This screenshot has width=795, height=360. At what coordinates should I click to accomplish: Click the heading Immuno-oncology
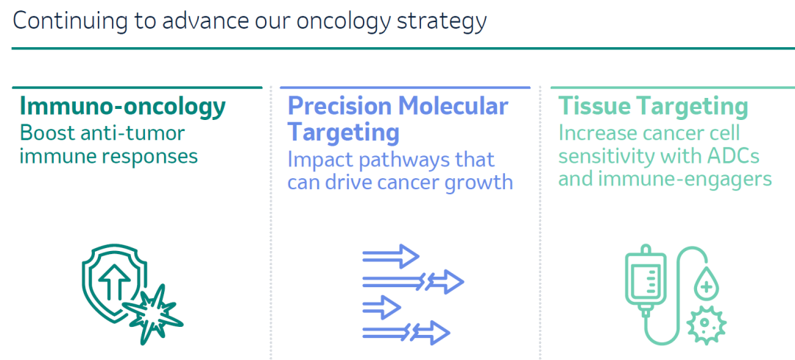(122, 107)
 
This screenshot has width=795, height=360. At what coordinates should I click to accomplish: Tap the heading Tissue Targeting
(653, 107)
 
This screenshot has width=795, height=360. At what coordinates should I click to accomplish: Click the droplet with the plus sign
(706, 286)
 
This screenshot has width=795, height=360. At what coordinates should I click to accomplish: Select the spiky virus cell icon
(706, 325)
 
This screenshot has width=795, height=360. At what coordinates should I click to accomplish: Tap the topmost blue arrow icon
(391, 256)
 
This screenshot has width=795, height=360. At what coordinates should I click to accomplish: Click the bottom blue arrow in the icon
(406, 333)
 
